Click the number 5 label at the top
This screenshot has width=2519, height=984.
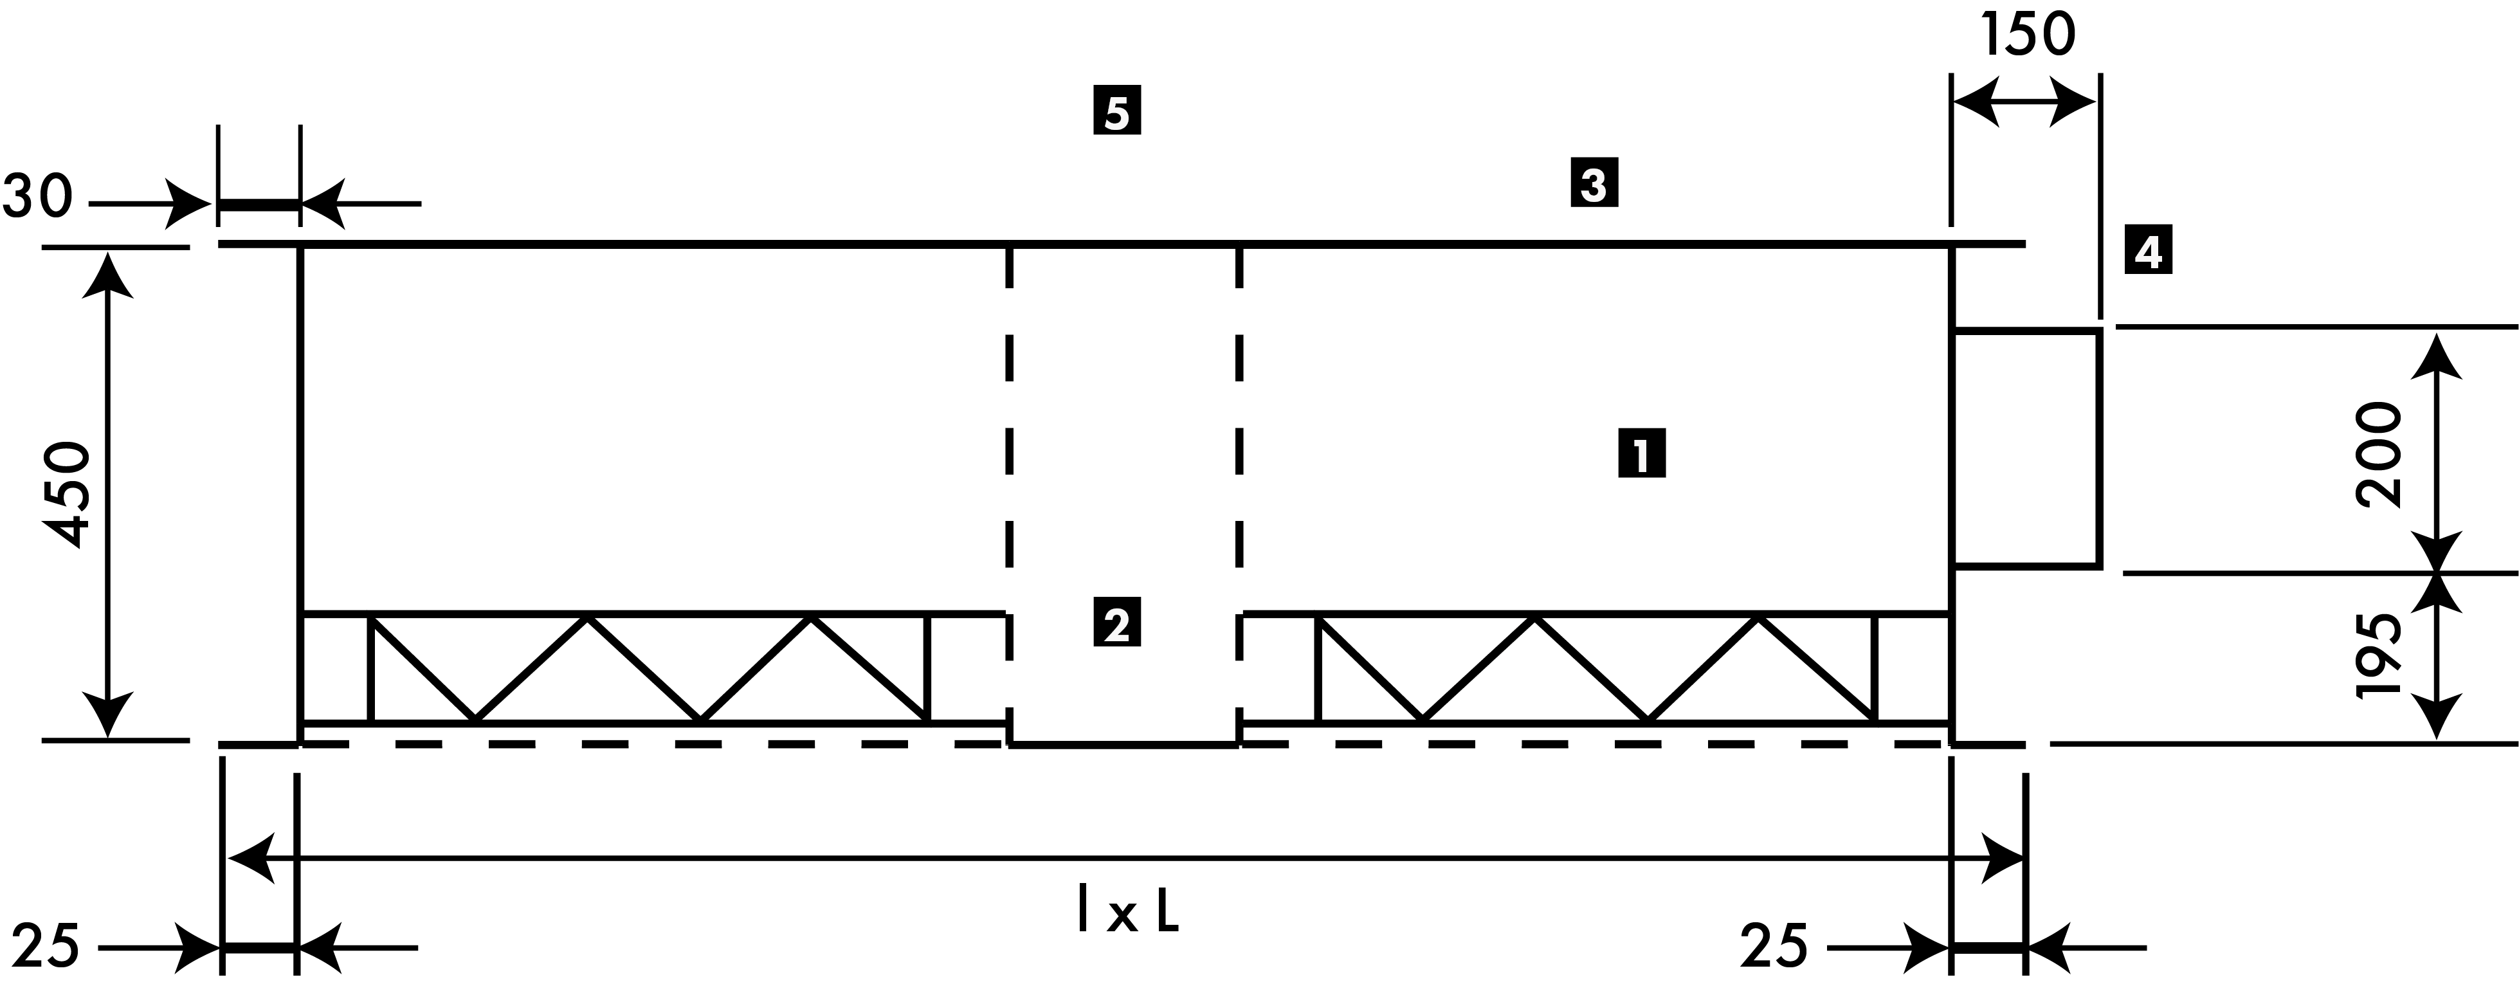(1116, 114)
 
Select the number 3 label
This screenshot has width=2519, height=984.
(1593, 186)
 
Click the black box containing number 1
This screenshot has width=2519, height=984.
(1642, 453)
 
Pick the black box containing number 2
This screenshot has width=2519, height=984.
(1116, 622)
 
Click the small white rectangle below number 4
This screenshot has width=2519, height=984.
(2024, 448)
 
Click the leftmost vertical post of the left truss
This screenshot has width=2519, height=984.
(370, 669)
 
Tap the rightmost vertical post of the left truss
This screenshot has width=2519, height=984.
(928, 669)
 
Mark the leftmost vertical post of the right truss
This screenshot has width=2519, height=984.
(1318, 669)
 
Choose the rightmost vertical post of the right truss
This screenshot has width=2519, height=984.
(1875, 669)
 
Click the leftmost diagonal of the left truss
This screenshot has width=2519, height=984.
(423, 669)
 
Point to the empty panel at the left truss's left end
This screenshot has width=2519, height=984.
(336, 669)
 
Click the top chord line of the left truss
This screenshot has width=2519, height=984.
(646, 614)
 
